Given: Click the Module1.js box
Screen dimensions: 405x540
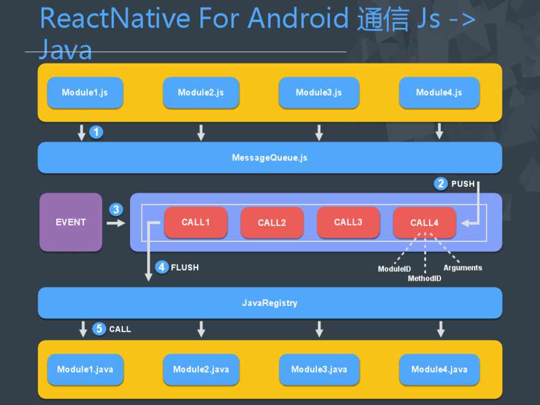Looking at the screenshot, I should click(x=85, y=93).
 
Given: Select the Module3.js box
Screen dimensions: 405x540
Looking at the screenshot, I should click(x=319, y=93).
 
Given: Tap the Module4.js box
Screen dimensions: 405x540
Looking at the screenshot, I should click(x=439, y=93).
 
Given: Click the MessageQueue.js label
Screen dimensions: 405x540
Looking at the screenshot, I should click(x=270, y=158).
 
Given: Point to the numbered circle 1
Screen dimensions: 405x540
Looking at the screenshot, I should click(x=97, y=132).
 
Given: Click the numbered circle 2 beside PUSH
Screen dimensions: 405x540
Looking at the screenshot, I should click(x=441, y=183).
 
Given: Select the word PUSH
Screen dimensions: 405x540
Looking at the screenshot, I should click(x=463, y=184).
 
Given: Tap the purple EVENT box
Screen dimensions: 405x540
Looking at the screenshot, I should click(x=71, y=222).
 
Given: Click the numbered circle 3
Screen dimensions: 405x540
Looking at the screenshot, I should click(x=116, y=209).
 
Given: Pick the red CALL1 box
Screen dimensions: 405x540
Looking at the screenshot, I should click(x=195, y=222).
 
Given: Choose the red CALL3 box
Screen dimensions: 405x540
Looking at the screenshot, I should click(x=348, y=222).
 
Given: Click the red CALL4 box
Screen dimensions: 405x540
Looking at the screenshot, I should click(x=424, y=223).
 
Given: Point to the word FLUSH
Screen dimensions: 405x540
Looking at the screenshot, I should click(x=185, y=268).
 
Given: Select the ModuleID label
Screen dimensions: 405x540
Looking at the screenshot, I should click(x=394, y=269).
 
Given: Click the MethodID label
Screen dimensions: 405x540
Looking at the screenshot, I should click(x=425, y=278).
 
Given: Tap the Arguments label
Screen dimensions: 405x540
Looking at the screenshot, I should click(x=463, y=268).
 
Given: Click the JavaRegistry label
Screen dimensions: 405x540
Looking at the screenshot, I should click(x=270, y=303).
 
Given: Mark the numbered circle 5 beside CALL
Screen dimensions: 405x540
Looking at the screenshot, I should click(x=100, y=329).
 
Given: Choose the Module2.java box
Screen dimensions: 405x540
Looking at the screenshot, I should click(x=201, y=370).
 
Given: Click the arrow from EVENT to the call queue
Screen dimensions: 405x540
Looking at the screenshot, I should click(x=115, y=223).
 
